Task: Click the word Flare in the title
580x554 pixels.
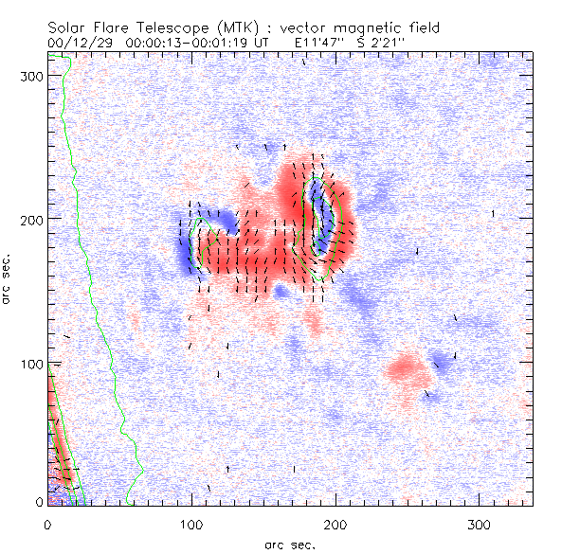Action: pyautogui.click(x=105, y=28)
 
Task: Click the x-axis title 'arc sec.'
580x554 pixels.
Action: pyautogui.click(x=290, y=544)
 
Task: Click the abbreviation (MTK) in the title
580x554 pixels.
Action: pyautogui.click(x=220, y=28)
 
